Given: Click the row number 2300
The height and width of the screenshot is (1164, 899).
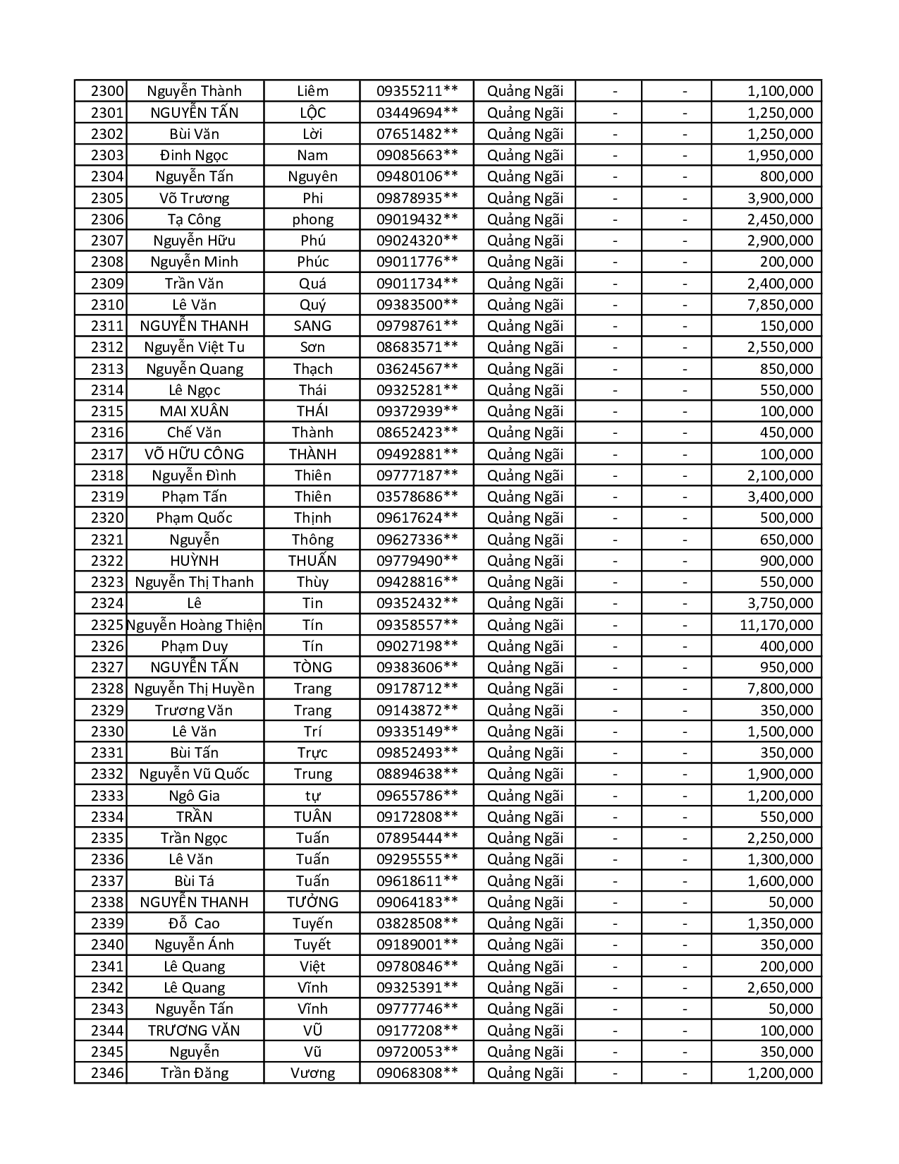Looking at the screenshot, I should (107, 91).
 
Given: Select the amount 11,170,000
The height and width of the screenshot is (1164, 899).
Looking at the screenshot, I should (776, 625).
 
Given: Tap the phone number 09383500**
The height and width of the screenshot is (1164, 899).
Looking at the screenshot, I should (417, 305).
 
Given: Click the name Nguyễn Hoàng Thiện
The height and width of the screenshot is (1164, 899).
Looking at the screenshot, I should (195, 625).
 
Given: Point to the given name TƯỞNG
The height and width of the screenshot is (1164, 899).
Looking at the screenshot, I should (312, 902).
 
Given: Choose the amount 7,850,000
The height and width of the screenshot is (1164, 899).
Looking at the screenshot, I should (780, 305).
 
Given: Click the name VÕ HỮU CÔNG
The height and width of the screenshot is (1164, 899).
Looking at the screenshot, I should (194, 454).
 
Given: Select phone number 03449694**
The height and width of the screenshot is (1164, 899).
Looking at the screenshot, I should (417, 113).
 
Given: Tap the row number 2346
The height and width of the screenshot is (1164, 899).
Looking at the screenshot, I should (107, 1073).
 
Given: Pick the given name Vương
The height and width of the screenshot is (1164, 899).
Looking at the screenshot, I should (312, 1073).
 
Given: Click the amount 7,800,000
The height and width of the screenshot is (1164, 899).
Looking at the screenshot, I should (780, 689).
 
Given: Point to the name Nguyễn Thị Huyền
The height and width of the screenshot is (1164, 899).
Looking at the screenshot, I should (194, 689).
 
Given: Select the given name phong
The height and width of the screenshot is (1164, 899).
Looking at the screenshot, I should (312, 219).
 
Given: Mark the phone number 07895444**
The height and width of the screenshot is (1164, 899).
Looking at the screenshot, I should (417, 838).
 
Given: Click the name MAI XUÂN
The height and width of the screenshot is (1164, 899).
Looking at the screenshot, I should (194, 411).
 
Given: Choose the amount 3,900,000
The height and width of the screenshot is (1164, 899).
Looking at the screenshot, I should (780, 198).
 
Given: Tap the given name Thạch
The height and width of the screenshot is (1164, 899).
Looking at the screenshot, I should (312, 369).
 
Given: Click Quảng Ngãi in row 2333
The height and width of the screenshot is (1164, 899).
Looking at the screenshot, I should (525, 796).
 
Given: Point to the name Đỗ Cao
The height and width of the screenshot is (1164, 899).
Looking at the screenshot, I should (194, 923).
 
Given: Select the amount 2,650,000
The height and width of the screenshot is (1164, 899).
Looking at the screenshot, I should (780, 988).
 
